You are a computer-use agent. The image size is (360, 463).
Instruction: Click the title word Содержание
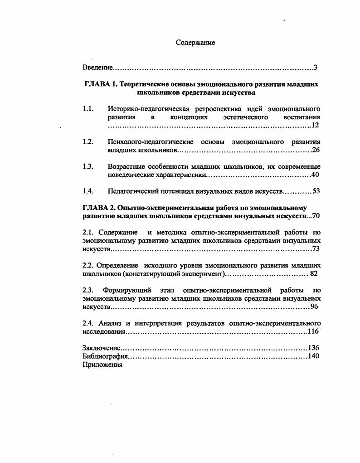coord(195,43)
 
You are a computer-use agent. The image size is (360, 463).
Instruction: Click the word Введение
coord(97,68)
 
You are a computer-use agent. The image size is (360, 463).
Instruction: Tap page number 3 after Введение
coord(315,68)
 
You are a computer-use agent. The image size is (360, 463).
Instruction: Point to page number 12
coord(316,125)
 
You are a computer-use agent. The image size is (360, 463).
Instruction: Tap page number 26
coord(316,150)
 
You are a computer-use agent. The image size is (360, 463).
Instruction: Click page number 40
coord(316,175)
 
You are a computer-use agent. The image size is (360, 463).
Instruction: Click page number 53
coord(316,191)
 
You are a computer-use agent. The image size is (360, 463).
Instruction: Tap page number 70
coord(316,216)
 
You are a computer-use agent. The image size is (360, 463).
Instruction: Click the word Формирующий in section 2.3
coord(123,290)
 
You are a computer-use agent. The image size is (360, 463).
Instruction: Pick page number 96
coord(315,307)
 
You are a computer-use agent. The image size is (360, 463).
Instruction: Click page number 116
coord(314,331)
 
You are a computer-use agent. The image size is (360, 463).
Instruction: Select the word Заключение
coord(102,348)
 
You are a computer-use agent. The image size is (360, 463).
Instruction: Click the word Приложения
coord(102,365)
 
